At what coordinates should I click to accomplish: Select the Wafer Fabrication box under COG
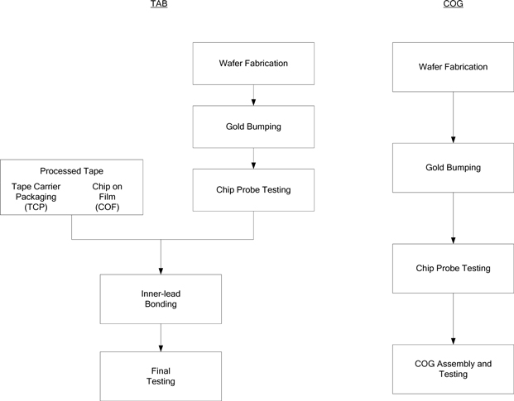pos(453,66)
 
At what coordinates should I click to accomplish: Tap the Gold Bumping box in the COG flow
pos(453,167)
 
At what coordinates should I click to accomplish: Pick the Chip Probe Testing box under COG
pos(453,269)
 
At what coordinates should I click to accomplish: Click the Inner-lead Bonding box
pos(161,298)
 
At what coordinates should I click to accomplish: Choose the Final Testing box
pos(161,375)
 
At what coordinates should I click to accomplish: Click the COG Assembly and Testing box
pos(453,369)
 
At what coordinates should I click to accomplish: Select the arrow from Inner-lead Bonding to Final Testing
pos(161,337)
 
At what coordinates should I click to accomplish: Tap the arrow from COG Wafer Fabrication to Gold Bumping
pos(453,117)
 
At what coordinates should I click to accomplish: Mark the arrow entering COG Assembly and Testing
pos(453,319)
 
